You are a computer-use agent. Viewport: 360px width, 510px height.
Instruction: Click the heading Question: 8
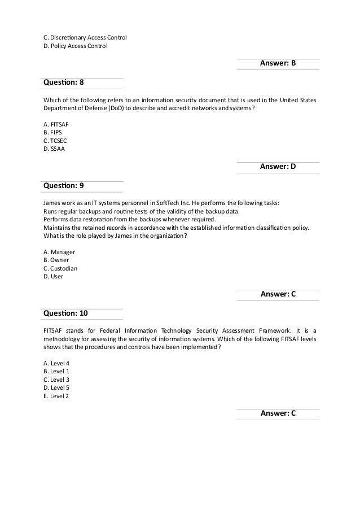[63, 82]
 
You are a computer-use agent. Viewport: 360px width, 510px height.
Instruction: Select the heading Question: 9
[63, 185]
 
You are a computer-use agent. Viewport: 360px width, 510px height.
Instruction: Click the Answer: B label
[278, 63]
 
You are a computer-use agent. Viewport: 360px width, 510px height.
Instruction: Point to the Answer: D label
[278, 167]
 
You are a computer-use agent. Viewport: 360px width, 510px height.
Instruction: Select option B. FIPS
[52, 132]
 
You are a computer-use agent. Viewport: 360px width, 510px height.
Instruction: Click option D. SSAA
[54, 149]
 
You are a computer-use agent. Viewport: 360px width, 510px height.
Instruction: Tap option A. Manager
[59, 251]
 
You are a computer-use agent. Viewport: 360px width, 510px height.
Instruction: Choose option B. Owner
[56, 260]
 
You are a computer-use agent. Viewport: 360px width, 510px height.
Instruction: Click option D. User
[53, 277]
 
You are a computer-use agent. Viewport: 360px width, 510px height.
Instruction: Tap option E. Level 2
[55, 396]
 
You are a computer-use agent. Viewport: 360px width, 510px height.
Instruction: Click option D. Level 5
[56, 388]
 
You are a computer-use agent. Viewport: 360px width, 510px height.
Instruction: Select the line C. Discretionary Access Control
[85, 38]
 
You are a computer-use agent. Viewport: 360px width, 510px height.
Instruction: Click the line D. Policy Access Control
[75, 46]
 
